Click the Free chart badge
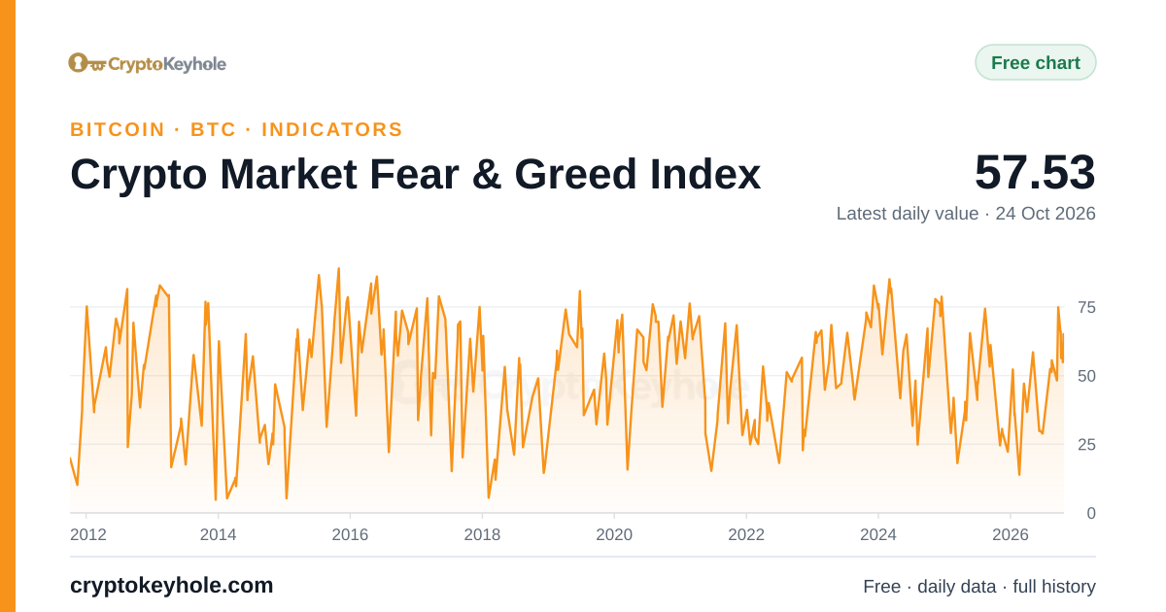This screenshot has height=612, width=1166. pos(1036,62)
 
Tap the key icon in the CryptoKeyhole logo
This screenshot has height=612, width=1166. pos(87,63)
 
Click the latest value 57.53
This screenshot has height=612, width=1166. pos(1035,172)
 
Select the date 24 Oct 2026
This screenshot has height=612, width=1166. pos(1046,214)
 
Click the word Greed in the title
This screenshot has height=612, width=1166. pos(575,174)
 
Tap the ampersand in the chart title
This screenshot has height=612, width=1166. pos(487,174)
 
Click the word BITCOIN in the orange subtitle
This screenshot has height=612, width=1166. pos(118,129)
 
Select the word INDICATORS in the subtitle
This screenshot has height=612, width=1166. pos(332,129)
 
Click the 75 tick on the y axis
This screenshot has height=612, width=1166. pos(1087,308)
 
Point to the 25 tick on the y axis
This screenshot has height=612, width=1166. pos(1087,445)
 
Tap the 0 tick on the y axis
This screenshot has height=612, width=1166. pos(1091,514)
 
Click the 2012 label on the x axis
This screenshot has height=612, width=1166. pos(88,534)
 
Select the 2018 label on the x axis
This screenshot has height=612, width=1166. pos(482,534)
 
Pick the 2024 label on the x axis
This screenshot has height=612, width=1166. pos(878,534)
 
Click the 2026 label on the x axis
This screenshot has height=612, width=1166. pos(1011,534)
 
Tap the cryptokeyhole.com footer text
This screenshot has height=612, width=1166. pos(171,586)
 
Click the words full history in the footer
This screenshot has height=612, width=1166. pos(1054,587)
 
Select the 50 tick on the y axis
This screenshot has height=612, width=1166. pos(1087,376)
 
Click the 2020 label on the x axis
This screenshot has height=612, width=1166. pos(614,534)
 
